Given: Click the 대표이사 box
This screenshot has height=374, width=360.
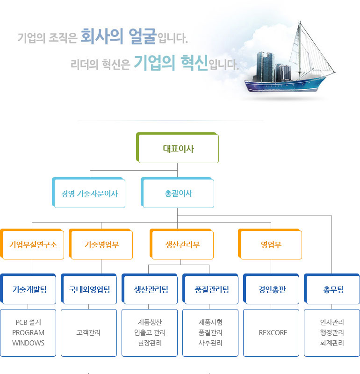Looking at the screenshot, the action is [x=177, y=148].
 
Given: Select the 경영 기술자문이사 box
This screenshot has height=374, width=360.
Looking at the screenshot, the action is [x=88, y=193].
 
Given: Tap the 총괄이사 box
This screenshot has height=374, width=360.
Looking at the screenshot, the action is [x=177, y=193].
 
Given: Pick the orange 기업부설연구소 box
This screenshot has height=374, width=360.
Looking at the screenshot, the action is [x=32, y=244].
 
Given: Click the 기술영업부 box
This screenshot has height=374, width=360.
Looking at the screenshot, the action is [x=101, y=244].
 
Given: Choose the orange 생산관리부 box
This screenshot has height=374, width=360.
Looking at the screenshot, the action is [x=181, y=244].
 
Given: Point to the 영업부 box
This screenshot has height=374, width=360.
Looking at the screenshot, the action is [x=270, y=244].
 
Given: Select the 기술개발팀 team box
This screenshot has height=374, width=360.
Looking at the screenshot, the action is [x=28, y=289].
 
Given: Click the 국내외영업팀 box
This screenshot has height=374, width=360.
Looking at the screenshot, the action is [x=89, y=289].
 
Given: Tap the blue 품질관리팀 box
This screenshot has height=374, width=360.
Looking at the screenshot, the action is [x=210, y=289].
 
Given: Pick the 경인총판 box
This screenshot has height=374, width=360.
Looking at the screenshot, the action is [x=271, y=289].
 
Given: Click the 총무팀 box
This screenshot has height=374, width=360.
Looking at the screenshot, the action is [x=332, y=289].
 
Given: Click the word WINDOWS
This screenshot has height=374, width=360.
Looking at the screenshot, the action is [x=28, y=343].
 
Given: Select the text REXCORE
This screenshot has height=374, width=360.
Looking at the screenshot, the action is [x=273, y=333].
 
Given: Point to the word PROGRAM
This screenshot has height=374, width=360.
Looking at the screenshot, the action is [x=28, y=333].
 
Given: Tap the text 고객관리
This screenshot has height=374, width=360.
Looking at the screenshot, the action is [x=88, y=332].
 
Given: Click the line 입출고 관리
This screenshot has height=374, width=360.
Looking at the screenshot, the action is [x=150, y=332].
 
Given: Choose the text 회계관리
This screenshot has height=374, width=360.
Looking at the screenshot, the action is [x=332, y=343].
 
